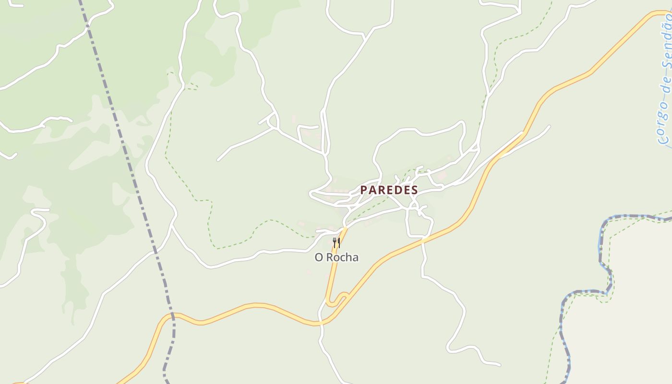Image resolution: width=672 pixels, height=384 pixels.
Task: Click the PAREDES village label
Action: click(x=389, y=190)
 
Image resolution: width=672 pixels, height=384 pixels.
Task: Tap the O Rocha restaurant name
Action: click(x=336, y=258)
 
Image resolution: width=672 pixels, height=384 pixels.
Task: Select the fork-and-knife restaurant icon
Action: click(x=336, y=243)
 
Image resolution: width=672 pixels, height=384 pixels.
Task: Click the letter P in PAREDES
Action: click(x=363, y=190)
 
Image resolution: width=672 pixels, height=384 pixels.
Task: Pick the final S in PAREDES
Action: click(x=414, y=190)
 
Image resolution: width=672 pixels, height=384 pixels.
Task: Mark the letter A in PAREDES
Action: click(x=372, y=190)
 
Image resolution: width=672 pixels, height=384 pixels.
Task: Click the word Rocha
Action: click(x=342, y=258)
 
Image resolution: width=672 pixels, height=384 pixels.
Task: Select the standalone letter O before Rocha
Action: click(x=319, y=258)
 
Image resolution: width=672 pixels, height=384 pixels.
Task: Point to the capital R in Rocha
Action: click(x=330, y=258)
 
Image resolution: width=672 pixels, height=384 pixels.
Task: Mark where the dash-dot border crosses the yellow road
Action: click(x=173, y=315)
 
